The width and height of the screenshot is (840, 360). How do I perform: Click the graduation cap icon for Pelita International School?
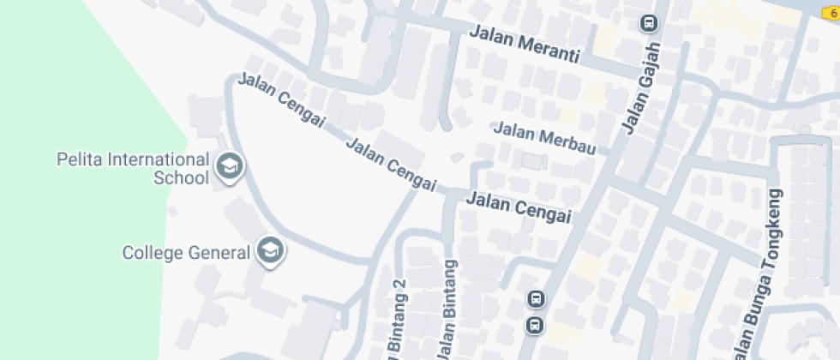(228, 167)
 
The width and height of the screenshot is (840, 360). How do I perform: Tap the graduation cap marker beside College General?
(272, 251)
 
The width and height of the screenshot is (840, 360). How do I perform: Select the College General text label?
(186, 253)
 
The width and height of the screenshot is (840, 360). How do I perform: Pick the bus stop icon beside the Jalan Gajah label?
(649, 23)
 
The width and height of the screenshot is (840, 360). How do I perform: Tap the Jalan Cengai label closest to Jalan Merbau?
(519, 208)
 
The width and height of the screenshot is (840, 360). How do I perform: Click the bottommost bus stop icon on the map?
(535, 325)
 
